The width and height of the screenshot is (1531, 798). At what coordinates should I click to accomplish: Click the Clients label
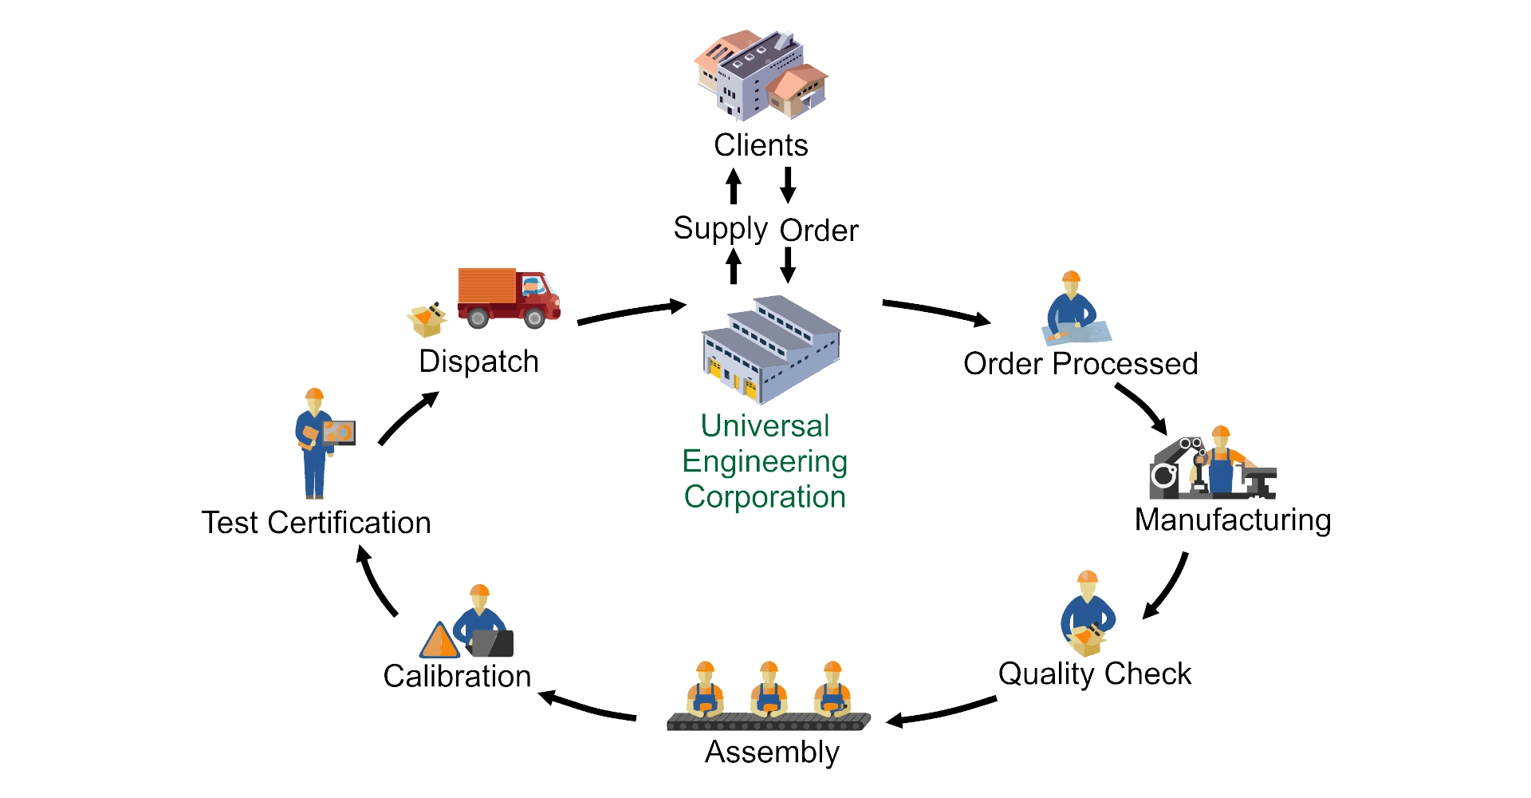(761, 145)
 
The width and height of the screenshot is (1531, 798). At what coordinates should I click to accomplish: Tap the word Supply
(720, 229)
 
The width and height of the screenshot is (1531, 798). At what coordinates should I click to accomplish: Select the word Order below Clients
(819, 231)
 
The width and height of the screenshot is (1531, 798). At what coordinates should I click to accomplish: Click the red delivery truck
(509, 298)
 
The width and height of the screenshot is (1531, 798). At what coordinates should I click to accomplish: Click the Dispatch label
(478, 361)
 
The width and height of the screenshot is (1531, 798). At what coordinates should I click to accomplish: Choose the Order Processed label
(1080, 364)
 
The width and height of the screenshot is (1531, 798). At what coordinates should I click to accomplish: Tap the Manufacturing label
(1233, 519)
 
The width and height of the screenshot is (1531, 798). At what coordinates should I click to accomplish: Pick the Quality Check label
(1094, 674)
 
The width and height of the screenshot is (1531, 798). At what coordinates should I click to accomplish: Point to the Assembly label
(772, 752)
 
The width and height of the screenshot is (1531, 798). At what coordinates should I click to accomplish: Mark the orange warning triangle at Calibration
(439, 641)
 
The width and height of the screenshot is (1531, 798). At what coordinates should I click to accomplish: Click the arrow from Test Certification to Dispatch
(407, 418)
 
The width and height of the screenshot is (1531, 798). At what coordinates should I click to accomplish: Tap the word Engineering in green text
(764, 461)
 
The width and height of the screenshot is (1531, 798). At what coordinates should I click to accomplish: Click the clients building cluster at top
(760, 75)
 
